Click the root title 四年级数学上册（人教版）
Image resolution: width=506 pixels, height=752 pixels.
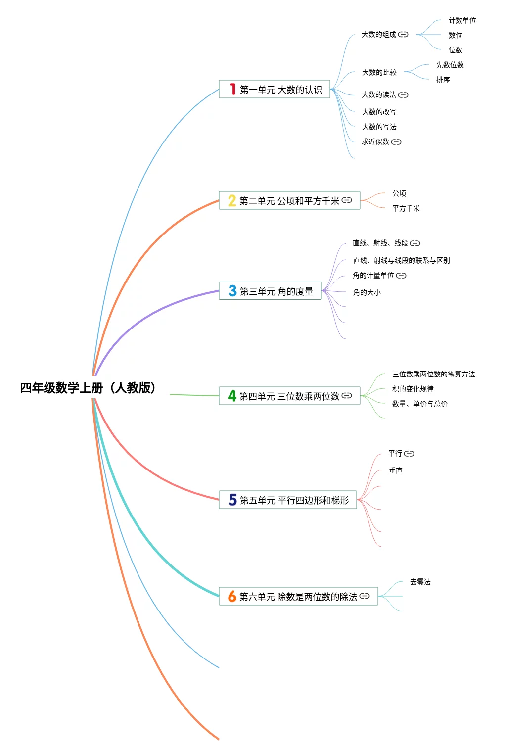tap(88, 388)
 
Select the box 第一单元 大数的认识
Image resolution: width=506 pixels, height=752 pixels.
tap(275, 89)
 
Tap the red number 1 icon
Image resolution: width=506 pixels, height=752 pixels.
tap(233, 89)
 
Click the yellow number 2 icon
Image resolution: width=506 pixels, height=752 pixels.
tap(232, 200)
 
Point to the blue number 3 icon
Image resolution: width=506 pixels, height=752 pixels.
tap(232, 291)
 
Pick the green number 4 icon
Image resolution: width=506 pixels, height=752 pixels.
tap(232, 395)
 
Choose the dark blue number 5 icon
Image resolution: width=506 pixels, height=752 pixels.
tap(232, 500)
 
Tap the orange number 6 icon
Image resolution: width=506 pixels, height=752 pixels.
tap(232, 596)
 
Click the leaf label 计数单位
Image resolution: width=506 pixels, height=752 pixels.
tap(462, 20)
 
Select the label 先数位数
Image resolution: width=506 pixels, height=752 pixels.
tap(450, 65)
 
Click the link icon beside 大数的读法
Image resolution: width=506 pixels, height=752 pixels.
tap(403, 95)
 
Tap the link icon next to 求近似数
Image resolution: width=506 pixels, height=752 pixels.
tap(396, 142)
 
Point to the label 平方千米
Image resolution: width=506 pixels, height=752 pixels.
tap(406, 208)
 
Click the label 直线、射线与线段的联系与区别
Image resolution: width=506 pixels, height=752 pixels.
tap(401, 260)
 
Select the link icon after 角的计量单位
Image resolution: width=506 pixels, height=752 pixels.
tap(401, 276)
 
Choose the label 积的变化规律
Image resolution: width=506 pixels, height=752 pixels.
tap(413, 389)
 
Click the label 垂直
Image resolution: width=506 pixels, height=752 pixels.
tap(396, 470)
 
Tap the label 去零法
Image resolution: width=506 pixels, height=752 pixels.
tap(420, 582)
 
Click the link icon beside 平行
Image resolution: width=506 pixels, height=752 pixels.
tap(409, 454)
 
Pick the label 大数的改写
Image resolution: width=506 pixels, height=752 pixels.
tap(379, 112)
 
